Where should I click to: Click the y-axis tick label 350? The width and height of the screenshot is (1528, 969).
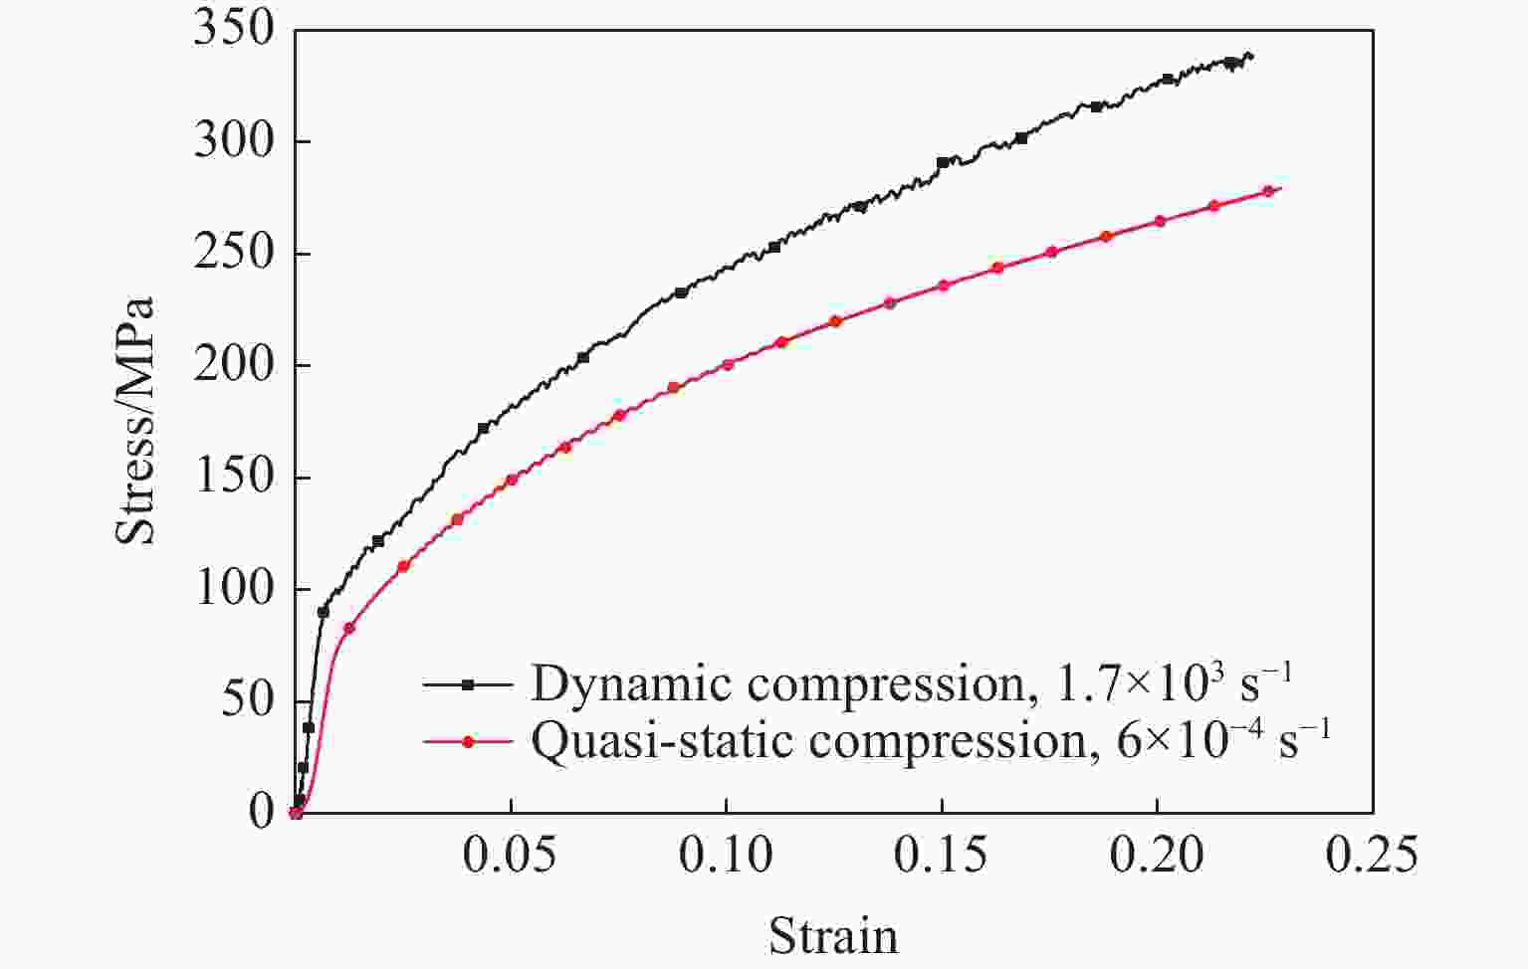tap(233, 29)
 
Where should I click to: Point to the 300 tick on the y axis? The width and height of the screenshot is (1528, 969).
tap(233, 141)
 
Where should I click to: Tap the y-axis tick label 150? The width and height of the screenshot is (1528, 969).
tap(233, 478)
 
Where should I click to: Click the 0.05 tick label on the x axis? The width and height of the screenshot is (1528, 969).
tap(510, 856)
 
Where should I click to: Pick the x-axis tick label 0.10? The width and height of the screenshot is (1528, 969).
tap(726, 856)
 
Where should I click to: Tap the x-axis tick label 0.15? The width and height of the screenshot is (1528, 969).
tap(942, 856)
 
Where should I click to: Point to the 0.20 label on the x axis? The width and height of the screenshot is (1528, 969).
tap(1157, 856)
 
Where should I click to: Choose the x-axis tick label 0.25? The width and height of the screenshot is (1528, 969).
tap(1372, 856)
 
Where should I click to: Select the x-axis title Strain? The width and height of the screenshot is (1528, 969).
tap(833, 936)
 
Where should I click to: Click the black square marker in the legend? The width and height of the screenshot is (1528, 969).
tap(468, 684)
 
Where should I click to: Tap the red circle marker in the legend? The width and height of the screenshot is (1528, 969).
tap(468, 741)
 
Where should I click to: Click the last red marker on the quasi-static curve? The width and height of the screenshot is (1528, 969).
tap(1268, 191)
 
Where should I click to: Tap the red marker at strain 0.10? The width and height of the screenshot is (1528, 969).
tap(728, 364)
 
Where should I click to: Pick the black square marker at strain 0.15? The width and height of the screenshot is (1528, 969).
tap(943, 162)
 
